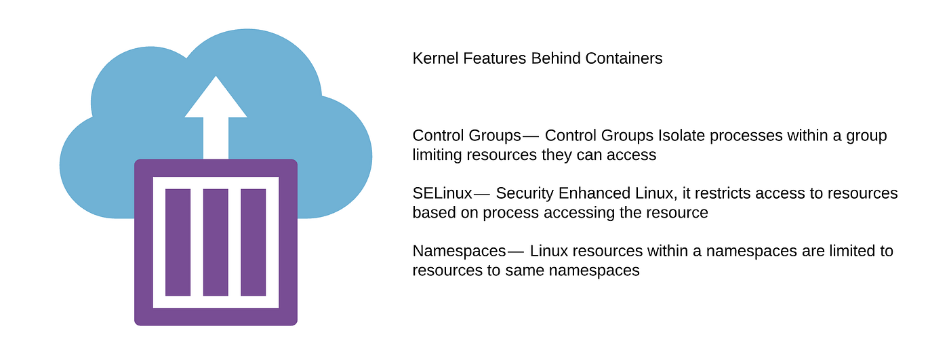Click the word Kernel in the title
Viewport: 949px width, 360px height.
click(x=435, y=58)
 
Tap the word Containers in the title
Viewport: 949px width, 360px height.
click(x=624, y=58)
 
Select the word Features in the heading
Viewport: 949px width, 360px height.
click(x=494, y=58)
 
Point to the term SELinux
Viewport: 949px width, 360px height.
click(x=442, y=193)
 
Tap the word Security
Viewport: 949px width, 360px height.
click(x=525, y=193)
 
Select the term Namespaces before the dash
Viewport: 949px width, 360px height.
click(x=460, y=252)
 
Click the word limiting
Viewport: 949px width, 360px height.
click(x=437, y=155)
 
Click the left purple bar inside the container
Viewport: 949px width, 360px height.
click(x=178, y=242)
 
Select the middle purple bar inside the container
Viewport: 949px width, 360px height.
click(x=216, y=242)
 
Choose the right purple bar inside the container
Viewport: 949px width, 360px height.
click(x=254, y=242)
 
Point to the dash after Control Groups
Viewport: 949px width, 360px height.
click(x=530, y=137)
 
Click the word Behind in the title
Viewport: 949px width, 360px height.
click(x=556, y=58)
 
